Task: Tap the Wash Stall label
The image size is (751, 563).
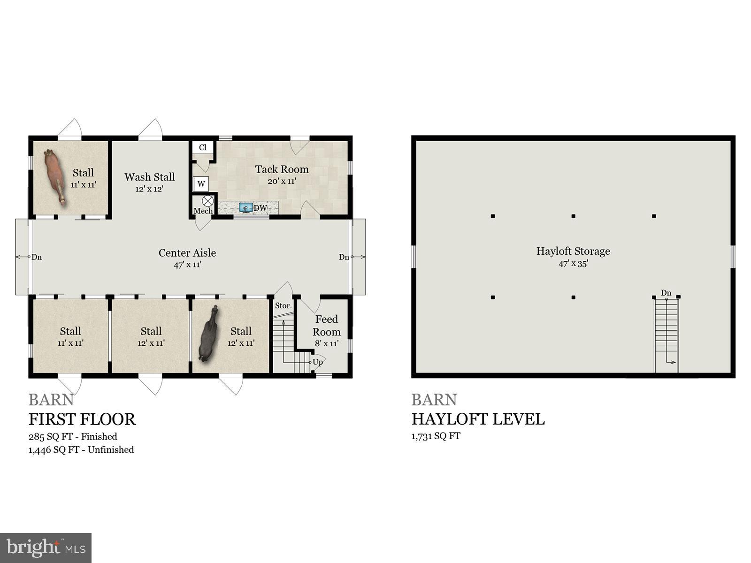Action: click(149, 177)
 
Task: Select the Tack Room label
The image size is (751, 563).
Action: click(282, 169)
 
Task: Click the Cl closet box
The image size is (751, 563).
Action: click(203, 147)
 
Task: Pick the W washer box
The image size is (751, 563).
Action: click(201, 183)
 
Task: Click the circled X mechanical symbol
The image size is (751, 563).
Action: click(208, 201)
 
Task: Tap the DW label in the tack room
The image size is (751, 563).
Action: click(260, 208)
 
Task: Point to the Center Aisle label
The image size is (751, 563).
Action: click(187, 253)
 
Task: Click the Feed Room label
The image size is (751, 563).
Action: click(327, 326)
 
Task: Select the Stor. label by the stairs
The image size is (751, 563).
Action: click(283, 305)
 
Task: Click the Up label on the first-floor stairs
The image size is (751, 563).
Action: click(318, 362)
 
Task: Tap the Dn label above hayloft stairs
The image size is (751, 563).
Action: click(666, 293)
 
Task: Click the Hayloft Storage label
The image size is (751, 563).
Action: click(573, 251)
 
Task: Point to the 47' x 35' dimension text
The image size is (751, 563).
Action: click(573, 264)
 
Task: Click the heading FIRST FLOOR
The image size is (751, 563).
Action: click(82, 419)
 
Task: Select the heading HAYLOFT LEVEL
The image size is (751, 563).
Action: click(478, 419)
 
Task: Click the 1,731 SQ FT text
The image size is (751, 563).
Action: click(436, 436)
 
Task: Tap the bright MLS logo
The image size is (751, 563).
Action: click(46, 548)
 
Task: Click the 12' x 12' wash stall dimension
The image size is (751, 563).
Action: click(149, 189)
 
